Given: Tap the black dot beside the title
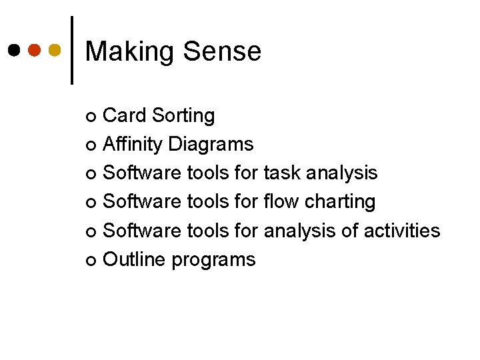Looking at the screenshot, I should pyautogui.click(x=14, y=50).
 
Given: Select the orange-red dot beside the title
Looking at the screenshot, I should pyautogui.click(x=35, y=50).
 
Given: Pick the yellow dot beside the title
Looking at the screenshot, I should pyautogui.click(x=55, y=50).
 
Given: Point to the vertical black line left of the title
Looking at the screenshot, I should pyautogui.click(x=72, y=50).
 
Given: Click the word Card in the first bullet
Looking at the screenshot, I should pyautogui.click(x=125, y=115).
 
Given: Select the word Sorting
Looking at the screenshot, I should pyautogui.click(x=183, y=116).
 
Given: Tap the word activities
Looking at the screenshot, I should pyautogui.click(x=401, y=231).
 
